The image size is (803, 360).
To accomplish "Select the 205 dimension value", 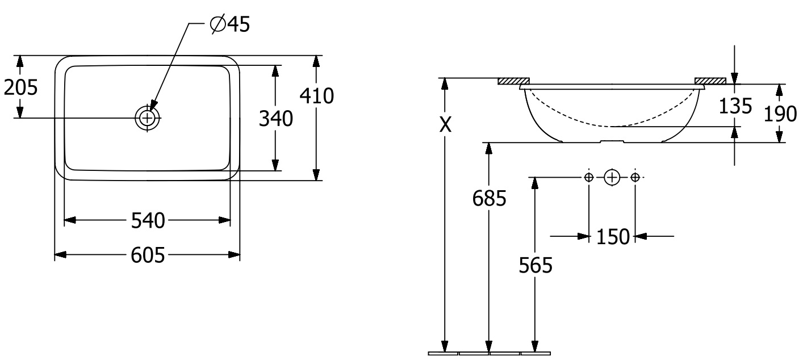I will (x=20, y=87).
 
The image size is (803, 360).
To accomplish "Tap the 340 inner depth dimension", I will (x=276, y=119).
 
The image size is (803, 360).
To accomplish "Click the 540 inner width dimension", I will (x=148, y=220).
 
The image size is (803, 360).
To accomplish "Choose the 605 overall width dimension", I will (x=148, y=256).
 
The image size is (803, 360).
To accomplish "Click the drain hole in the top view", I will (x=147, y=118).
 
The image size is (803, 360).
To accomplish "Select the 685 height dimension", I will (x=488, y=198).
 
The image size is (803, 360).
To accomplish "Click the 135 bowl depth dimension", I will (x=735, y=106).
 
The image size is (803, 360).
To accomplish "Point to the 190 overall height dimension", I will (x=780, y=114).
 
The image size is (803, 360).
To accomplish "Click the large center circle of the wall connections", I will (x=612, y=177).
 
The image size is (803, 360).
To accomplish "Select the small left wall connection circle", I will (x=589, y=177).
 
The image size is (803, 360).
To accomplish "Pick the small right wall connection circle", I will (x=635, y=177).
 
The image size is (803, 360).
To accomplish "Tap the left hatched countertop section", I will (x=513, y=81).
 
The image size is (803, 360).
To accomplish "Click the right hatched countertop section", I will (x=710, y=81).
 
